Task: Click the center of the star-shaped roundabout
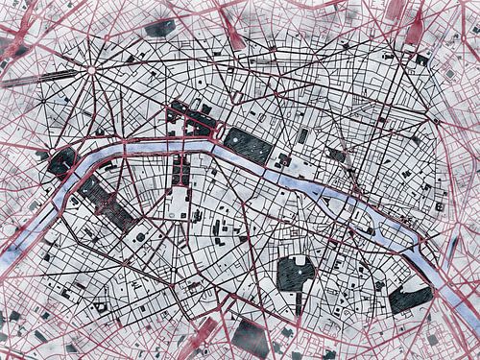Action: coord(91,69)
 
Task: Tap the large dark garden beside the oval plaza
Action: coord(248,145)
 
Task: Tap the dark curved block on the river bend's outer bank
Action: coord(61,161)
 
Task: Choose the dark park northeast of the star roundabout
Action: coord(160,28)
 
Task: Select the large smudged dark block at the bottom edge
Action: coord(250,337)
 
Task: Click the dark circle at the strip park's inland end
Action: coord(140,236)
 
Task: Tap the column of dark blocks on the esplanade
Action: coord(180,171)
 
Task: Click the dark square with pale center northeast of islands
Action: coord(337,154)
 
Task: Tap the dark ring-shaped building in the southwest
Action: coord(101,306)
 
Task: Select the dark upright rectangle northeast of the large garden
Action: coord(302,136)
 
